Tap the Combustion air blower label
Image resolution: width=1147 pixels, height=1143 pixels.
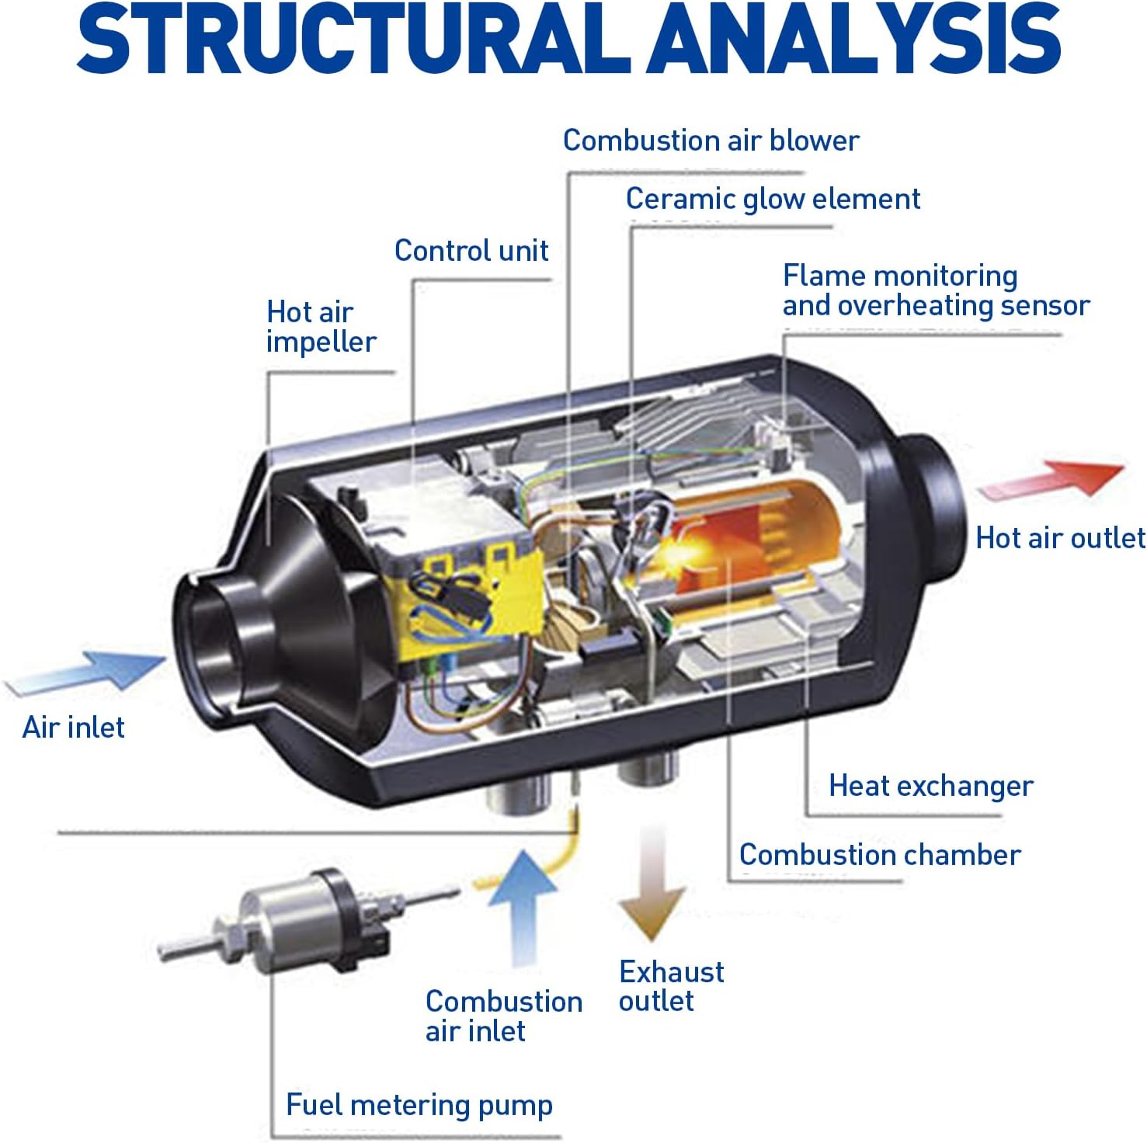[711, 141]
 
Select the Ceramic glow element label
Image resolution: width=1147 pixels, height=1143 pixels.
[773, 199]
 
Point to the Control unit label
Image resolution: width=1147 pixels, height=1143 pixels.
[471, 251]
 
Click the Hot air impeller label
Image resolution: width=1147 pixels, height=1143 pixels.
[320, 327]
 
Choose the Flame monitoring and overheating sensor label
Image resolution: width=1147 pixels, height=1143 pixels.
[935, 290]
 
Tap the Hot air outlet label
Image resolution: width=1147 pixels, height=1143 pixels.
[1059, 537]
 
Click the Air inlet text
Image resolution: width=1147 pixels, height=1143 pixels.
[74, 728]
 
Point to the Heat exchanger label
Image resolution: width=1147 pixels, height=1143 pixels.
[930, 786]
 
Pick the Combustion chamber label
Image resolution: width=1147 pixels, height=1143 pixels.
[879, 855]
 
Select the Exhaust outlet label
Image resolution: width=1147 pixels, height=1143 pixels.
[671, 986]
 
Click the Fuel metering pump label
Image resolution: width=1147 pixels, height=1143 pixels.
[419, 1104]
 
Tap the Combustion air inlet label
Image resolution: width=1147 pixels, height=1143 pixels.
[503, 1016]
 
